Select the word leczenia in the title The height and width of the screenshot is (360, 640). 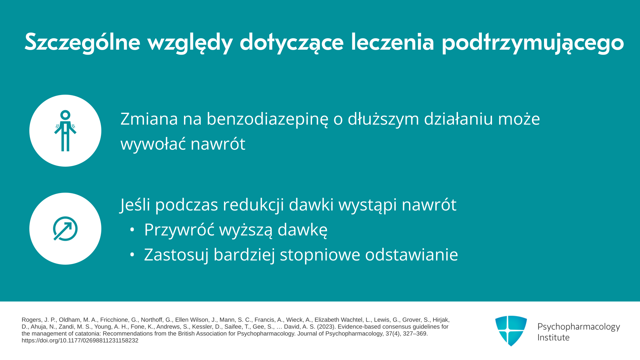(392, 42)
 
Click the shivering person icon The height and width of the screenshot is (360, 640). (65, 131)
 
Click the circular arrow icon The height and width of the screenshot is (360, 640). (65, 229)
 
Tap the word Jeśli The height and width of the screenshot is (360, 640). (135, 205)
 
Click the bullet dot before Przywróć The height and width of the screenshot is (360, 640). (132, 230)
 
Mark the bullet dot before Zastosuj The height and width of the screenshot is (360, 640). (132, 255)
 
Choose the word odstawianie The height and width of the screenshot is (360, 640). (412, 255)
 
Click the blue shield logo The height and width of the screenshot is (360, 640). (511, 331)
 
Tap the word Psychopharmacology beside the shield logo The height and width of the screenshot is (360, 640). (579, 327)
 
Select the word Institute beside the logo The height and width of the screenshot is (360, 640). (553, 338)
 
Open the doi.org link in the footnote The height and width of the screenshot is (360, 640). (80, 341)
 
